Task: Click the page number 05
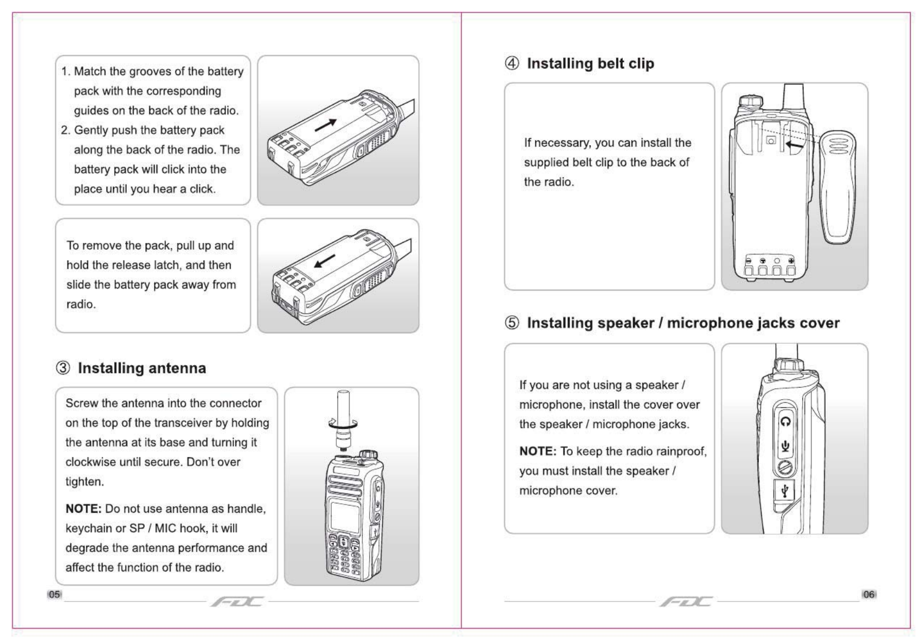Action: click(54, 594)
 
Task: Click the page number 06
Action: click(869, 594)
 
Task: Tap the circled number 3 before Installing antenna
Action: click(63, 368)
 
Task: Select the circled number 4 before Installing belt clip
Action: click(511, 64)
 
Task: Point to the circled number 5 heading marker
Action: click(511, 323)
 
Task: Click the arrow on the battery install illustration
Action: click(326, 126)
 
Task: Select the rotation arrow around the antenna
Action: click(343, 423)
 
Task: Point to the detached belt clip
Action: click(837, 186)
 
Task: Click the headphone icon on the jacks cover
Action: click(785, 422)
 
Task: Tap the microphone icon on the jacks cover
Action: click(785, 446)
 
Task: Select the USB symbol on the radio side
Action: click(785, 490)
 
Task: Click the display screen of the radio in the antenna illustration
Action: click(345, 516)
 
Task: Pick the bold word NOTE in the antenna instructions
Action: click(83, 509)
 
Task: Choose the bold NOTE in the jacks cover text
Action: click(538, 451)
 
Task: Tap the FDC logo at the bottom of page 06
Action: click(686, 602)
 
